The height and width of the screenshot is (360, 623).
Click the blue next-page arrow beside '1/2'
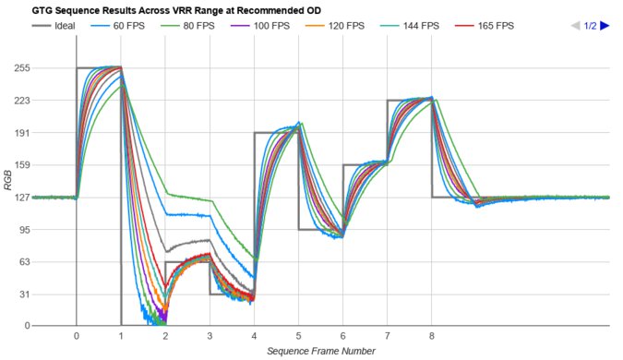tap(605, 26)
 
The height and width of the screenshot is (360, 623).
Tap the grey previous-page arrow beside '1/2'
tap(575, 26)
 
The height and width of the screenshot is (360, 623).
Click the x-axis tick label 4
tap(254, 337)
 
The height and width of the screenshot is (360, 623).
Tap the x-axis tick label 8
tap(432, 337)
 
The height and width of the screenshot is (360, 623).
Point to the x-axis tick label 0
tap(76, 337)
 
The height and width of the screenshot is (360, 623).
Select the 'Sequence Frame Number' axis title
tap(320, 352)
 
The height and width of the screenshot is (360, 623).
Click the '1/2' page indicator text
tap(590, 26)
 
